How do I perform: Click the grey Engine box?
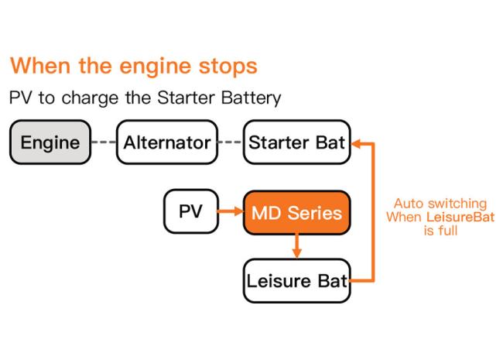pyautogui.click(x=50, y=142)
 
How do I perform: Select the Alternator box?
pyautogui.click(x=167, y=142)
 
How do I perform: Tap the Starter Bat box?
pyautogui.click(x=296, y=142)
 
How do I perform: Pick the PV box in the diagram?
pyautogui.click(x=191, y=211)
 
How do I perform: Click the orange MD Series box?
pyautogui.click(x=296, y=213)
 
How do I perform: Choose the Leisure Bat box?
pyautogui.click(x=296, y=281)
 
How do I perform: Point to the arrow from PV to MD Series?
pyautogui.click(x=231, y=211)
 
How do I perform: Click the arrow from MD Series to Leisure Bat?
pyautogui.click(x=296, y=245)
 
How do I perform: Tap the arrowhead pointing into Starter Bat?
pyautogui.click(x=357, y=144)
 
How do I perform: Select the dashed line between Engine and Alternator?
pyautogui.click(x=104, y=142)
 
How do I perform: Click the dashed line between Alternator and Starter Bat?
pyautogui.click(x=231, y=142)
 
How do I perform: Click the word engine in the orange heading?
pyautogui.click(x=155, y=67)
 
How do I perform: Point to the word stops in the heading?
pyautogui.click(x=228, y=67)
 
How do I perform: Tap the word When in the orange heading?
pyautogui.click(x=40, y=66)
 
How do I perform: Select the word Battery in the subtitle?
pyautogui.click(x=251, y=98)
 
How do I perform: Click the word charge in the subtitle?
pyautogui.click(x=90, y=98)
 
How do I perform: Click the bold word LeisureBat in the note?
pyautogui.click(x=460, y=217)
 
